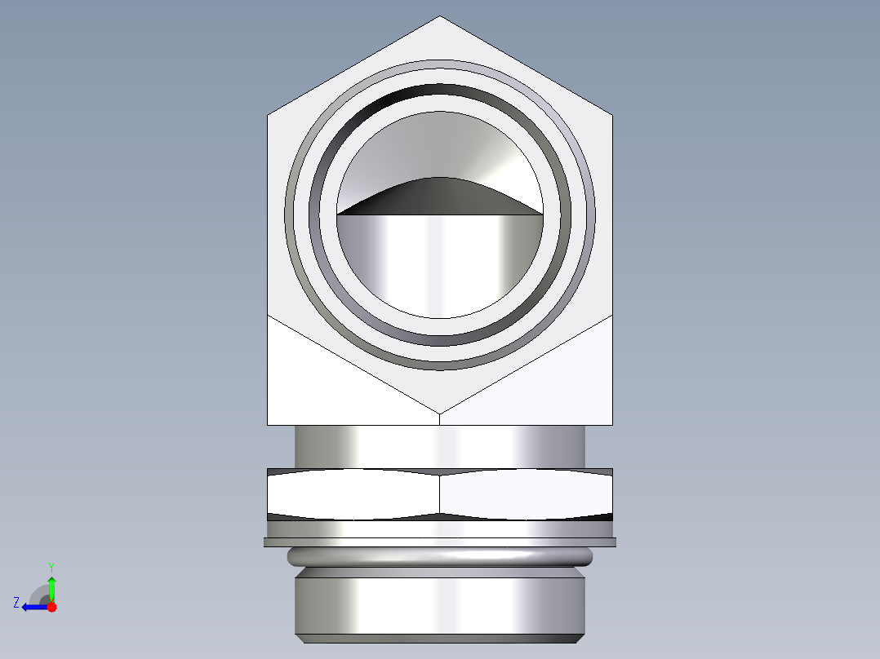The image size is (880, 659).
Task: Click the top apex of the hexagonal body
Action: click(x=440, y=17)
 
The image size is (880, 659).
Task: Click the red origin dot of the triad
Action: click(x=51, y=607)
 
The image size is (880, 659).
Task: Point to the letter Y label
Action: click(x=51, y=566)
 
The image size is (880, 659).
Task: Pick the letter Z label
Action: click(x=16, y=603)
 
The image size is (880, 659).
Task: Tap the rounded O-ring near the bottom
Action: click(x=440, y=557)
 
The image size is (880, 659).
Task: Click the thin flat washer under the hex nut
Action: click(x=440, y=542)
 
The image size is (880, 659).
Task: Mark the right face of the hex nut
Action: click(x=527, y=493)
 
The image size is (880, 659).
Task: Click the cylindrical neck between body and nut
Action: click(x=440, y=446)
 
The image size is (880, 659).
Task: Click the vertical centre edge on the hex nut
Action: click(x=440, y=493)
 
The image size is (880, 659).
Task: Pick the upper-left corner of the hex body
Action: click(x=269, y=114)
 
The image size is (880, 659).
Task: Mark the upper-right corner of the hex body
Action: click(x=612, y=114)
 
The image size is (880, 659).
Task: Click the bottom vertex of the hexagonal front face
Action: click(x=440, y=413)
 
